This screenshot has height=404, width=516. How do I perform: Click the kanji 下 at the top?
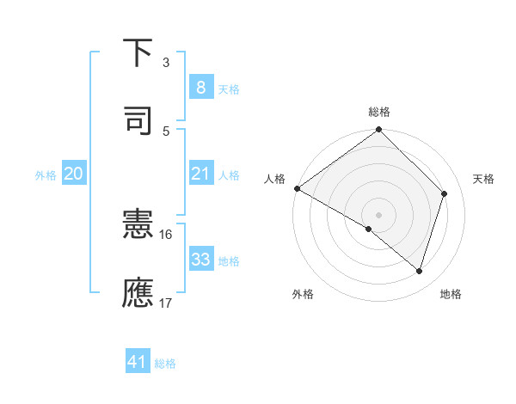[138, 53]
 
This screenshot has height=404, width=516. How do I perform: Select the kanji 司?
[138, 119]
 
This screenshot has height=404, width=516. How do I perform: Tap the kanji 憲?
[138, 226]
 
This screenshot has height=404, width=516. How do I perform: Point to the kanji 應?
[138, 292]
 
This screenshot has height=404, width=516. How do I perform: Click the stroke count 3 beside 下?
[166, 63]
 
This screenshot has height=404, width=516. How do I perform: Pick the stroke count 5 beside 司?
[166, 131]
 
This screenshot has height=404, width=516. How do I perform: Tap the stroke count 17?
[166, 303]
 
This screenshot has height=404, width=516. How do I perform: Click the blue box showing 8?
[200, 88]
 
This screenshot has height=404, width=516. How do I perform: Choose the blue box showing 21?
[200, 174]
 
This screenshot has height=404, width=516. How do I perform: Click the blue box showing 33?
[200, 260]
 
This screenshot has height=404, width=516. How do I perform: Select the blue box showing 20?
[73, 174]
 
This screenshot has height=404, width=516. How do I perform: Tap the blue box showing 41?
[138, 363]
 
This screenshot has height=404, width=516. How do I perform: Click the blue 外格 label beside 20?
[46, 175]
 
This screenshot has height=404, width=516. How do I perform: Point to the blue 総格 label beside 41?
[165, 364]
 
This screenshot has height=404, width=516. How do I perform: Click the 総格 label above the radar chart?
[378, 112]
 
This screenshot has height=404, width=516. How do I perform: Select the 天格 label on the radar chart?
[483, 179]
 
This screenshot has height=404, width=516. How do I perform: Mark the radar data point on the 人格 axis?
[297, 188]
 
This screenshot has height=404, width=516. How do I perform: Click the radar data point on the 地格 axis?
[419, 271]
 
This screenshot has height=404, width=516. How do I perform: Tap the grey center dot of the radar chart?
[378, 214]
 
